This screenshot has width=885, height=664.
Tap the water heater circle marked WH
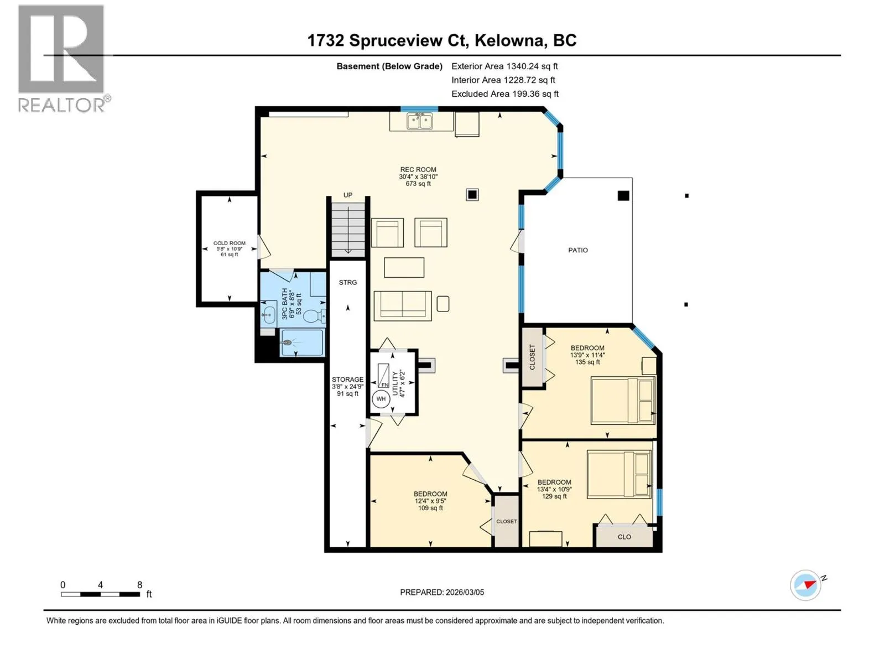coord(381,399)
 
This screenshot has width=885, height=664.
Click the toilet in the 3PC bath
coord(314,317)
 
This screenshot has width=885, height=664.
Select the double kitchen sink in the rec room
coord(419,121)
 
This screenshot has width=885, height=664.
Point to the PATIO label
coord(578,250)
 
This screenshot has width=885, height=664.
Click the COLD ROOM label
coord(229,243)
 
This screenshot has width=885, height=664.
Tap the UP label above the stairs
coord(347,195)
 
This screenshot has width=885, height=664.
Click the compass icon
coord(805,585)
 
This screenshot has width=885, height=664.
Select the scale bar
coord(101,594)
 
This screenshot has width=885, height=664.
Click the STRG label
coord(347,282)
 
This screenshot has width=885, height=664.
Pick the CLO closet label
coord(624,537)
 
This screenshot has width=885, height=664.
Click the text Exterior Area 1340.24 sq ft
coord(504,66)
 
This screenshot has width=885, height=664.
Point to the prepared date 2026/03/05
coord(465,592)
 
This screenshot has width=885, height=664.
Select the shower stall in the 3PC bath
coord(301,343)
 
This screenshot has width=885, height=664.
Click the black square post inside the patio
coord(623,195)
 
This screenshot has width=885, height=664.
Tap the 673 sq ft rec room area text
coord(418,184)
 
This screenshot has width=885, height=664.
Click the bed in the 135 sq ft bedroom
coord(623,400)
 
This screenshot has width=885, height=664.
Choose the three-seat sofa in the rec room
coord(402,306)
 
